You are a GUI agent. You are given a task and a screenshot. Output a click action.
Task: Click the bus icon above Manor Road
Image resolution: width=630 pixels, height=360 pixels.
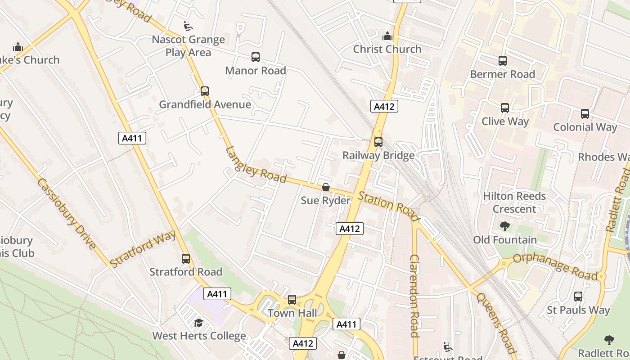tap(256, 57)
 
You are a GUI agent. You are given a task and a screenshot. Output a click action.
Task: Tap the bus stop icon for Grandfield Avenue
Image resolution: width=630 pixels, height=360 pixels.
tap(205, 91)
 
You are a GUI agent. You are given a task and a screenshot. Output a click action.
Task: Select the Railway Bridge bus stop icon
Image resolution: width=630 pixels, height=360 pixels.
tap(378, 142)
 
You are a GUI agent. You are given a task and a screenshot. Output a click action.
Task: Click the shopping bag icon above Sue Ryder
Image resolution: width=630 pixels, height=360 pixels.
tap(325, 187)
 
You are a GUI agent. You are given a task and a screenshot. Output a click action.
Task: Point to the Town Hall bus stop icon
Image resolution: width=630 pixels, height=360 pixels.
tap(292, 300)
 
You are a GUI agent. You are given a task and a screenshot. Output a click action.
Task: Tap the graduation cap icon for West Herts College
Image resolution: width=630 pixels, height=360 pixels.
tap(198, 323)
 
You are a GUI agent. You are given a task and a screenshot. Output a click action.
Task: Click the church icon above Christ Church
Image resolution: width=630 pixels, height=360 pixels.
tap(387, 36)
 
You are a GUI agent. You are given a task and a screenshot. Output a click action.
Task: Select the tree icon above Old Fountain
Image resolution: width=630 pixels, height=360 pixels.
tap(504, 226)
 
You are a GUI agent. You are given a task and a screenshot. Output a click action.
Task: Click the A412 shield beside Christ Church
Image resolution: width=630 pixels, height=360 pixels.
tap(384, 107)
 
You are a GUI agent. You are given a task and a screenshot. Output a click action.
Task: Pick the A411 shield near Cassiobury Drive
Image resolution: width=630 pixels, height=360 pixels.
tap(132, 138)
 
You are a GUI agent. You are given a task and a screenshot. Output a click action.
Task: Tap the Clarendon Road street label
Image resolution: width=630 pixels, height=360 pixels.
tap(414, 296)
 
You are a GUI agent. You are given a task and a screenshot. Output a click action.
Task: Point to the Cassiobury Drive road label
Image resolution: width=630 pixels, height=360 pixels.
tap(66, 213)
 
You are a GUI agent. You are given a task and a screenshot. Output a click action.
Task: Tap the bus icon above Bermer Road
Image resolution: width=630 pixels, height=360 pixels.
tap(503, 61)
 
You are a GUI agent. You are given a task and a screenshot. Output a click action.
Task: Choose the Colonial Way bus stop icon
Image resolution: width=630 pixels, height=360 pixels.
tap(585, 114)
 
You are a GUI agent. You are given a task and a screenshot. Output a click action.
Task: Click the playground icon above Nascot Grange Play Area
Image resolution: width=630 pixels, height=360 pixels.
tap(189, 27)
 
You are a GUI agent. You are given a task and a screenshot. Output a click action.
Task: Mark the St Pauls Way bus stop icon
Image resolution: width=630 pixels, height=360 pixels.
tap(578, 297)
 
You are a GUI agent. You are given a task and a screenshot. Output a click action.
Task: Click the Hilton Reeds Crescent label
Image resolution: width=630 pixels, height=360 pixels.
tap(514, 202)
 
